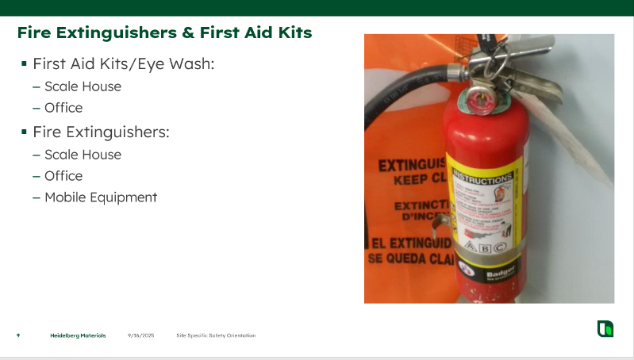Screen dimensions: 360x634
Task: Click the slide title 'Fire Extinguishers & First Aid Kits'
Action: click(x=164, y=33)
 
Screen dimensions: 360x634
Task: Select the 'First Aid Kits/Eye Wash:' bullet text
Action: click(x=123, y=63)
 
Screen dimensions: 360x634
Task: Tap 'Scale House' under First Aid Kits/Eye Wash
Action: click(x=83, y=86)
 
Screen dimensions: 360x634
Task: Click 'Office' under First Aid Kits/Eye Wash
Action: click(x=63, y=108)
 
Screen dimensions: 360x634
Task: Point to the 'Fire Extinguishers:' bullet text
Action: click(x=101, y=132)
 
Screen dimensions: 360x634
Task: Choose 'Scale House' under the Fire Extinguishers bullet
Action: click(x=83, y=155)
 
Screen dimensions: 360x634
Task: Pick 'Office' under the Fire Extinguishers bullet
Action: click(x=63, y=176)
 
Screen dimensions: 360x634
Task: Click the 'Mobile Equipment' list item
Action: click(x=101, y=197)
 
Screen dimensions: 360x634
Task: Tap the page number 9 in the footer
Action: click(x=18, y=335)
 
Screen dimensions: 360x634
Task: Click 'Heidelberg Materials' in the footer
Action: click(x=78, y=335)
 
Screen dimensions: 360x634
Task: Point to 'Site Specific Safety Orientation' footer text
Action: click(x=216, y=335)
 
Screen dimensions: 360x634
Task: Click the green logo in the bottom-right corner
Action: click(x=605, y=328)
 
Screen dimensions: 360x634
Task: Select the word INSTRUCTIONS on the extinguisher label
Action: click(x=482, y=178)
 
